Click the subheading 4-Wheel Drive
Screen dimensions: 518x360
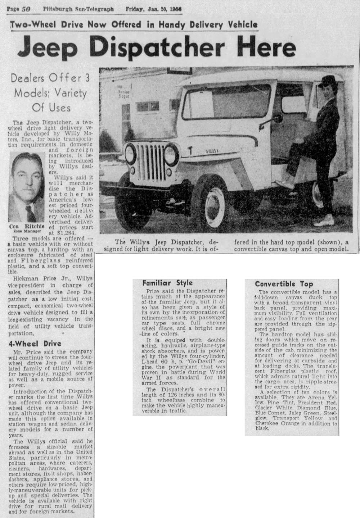pos(35,344)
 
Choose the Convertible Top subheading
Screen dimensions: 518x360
pos(284,284)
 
